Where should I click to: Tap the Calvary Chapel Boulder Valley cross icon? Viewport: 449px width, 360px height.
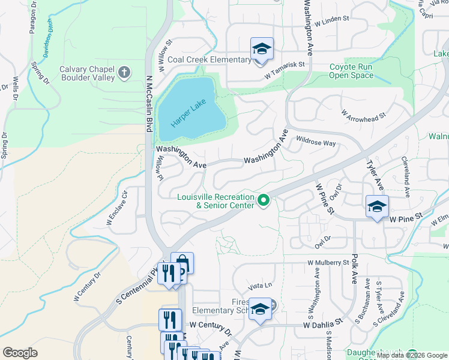pyautogui.click(x=124, y=73)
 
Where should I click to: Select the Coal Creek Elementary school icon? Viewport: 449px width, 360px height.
pyautogui.click(x=262, y=49)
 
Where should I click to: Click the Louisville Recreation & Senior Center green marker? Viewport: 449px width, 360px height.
pyautogui.click(x=262, y=200)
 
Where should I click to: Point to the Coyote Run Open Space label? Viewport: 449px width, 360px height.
pyautogui.click(x=351, y=71)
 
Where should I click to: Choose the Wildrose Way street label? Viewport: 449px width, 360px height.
pyautogui.click(x=316, y=142)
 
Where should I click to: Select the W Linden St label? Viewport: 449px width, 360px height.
pyautogui.click(x=327, y=19)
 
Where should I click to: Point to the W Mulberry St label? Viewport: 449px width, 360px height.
pyautogui.click(x=328, y=263)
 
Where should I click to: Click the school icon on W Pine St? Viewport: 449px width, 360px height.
pyautogui.click(x=377, y=207)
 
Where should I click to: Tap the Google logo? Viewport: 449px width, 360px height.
pyautogui.click(x=20, y=353)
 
